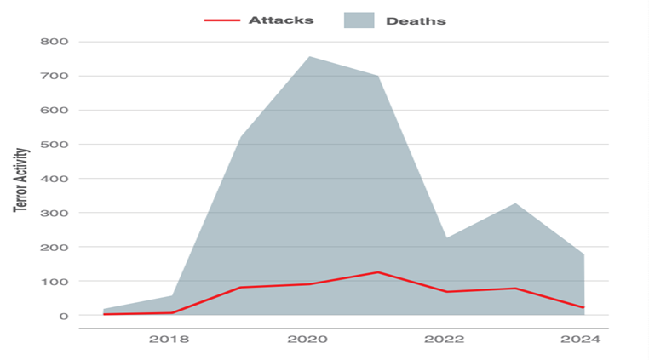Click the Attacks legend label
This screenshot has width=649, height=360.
280,20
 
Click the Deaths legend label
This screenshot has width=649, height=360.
416,20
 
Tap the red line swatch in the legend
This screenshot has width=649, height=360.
221,20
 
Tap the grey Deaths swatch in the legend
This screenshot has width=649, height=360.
359,20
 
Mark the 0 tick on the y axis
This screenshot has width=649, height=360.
64,315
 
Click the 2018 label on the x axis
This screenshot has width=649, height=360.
170,339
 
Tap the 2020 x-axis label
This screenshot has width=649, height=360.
307,339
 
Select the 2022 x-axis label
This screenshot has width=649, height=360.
445,339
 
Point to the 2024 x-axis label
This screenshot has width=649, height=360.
581,339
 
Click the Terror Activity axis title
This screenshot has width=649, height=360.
21,180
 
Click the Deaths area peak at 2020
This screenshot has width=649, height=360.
308,57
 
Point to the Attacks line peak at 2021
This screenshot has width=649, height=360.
377,272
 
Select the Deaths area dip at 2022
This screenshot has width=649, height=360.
446,237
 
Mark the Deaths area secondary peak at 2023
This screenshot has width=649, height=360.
515,203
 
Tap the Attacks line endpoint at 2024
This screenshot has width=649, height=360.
583,307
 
